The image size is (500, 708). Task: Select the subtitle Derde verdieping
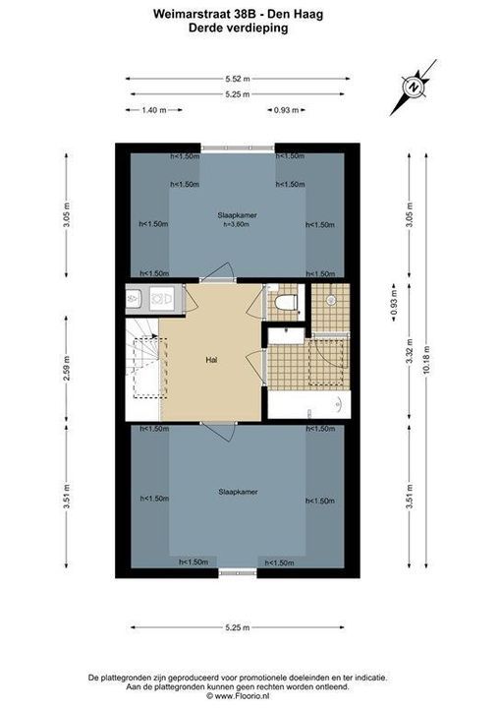pyautogui.click(x=238, y=28)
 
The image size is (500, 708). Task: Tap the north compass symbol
pyautogui.click(x=413, y=88)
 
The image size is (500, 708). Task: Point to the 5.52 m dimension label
pyautogui.click(x=238, y=79)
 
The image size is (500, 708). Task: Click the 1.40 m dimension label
pyautogui.click(x=154, y=110)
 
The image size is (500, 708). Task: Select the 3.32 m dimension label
pyautogui.click(x=410, y=352)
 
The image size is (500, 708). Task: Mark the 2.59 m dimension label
pyautogui.click(x=67, y=369)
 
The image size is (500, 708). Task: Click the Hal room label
pyautogui.click(x=211, y=360)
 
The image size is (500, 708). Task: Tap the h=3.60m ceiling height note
pyautogui.click(x=237, y=224)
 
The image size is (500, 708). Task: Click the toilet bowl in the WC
pyautogui.click(x=286, y=302)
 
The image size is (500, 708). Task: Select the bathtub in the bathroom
pyautogui.click(x=309, y=404)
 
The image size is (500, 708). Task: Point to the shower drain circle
pyautogui.click(x=331, y=299)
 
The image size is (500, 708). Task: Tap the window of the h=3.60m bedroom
pyautogui.click(x=238, y=147)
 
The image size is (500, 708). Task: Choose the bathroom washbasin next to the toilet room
pyautogui.click(x=286, y=336)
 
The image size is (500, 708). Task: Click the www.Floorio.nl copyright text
pyautogui.click(x=238, y=696)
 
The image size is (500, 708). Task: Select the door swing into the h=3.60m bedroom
pyautogui.click(x=220, y=270)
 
